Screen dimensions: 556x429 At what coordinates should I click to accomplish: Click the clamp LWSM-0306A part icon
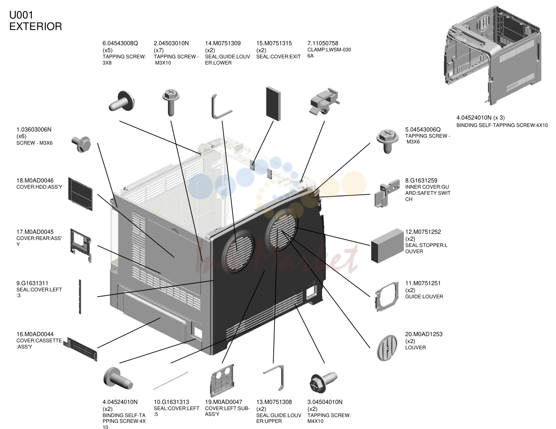click(325, 101)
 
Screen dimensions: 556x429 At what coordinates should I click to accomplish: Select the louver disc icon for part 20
click(387, 348)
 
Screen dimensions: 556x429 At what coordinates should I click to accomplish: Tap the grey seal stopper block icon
click(388, 246)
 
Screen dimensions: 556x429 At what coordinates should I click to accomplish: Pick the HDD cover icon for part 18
click(81, 194)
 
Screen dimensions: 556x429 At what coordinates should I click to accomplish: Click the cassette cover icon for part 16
click(81, 349)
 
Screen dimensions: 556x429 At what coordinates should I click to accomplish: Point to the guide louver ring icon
click(387, 297)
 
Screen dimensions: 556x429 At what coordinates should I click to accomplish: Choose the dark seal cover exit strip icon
click(273, 104)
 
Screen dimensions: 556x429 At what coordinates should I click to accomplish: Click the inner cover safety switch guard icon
click(387, 193)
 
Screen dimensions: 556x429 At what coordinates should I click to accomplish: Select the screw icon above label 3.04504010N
click(323, 382)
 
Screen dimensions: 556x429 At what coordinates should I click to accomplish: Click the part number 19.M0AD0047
click(224, 402)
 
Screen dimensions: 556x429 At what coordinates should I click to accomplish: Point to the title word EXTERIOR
click(36, 27)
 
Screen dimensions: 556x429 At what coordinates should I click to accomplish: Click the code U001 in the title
click(21, 15)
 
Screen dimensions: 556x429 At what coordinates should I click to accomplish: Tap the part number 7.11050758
click(323, 43)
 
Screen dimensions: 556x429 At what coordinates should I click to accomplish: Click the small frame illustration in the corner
click(493, 55)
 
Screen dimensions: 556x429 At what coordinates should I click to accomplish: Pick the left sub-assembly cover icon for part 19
click(222, 380)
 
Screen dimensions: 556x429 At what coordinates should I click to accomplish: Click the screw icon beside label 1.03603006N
click(81, 144)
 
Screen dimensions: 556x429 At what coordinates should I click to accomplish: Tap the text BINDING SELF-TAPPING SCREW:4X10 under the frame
click(502, 125)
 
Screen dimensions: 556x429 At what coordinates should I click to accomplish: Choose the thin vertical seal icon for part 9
click(80, 297)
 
